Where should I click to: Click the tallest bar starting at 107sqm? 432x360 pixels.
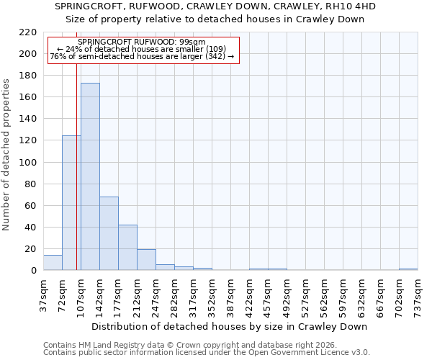point(90,176)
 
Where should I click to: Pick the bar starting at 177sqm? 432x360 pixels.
point(127,248)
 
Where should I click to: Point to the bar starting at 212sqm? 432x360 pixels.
point(146,260)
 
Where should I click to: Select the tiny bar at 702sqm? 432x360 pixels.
point(408,269)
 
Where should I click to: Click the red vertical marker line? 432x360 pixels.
point(76,180)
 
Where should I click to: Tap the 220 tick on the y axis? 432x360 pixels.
point(29,32)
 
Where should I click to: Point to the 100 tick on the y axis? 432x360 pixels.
point(29,163)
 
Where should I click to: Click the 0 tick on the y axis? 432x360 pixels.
point(33,271)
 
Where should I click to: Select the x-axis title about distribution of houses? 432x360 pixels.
point(230,326)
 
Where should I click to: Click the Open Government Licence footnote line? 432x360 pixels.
point(207,352)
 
